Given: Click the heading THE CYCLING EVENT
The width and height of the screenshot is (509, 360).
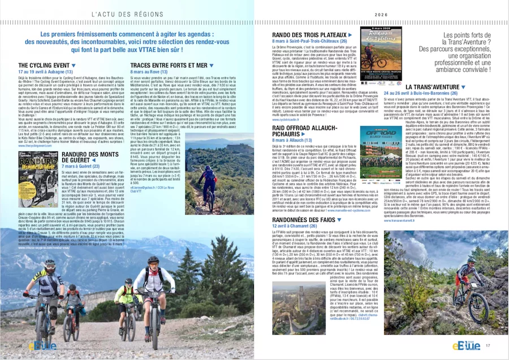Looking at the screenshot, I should (x=44, y=66).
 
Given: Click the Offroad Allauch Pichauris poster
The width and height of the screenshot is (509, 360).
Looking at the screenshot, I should (x=381, y=155).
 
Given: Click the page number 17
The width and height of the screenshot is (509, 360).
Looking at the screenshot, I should (x=487, y=346).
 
